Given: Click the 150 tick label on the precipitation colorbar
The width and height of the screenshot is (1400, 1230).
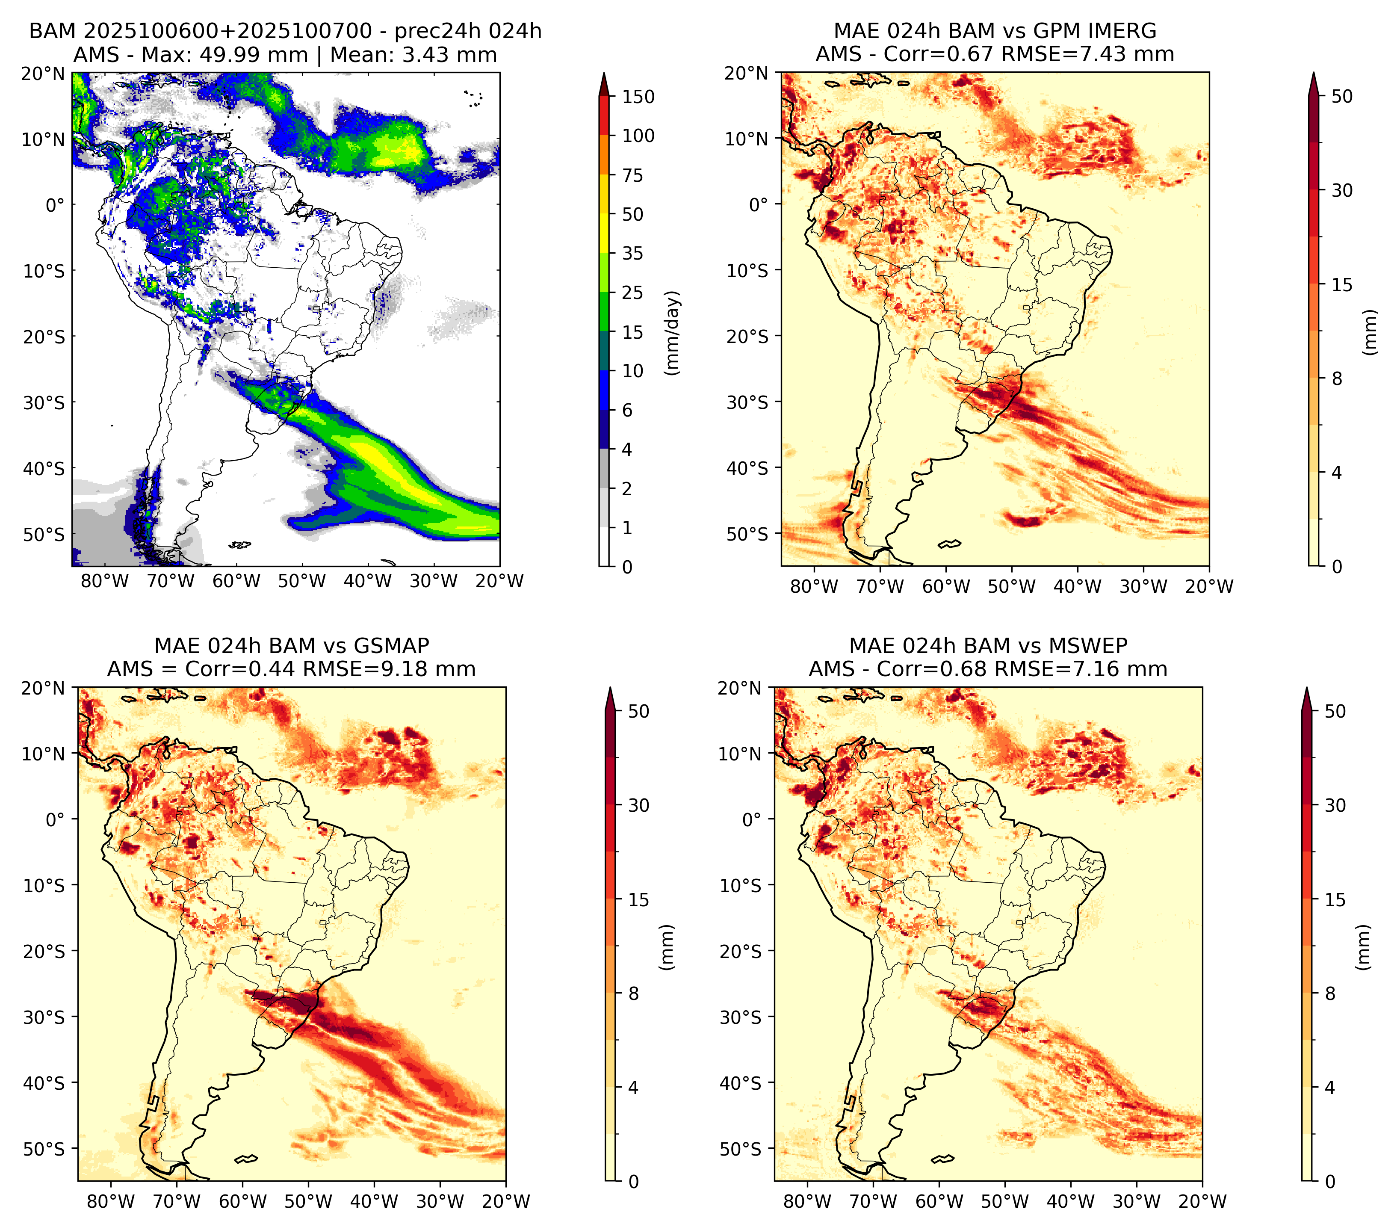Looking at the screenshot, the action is pos(638,97).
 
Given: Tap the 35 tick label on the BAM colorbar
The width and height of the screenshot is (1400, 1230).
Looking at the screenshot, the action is pos(632,253).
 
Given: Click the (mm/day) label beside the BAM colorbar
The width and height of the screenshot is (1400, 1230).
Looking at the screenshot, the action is pos(673,333).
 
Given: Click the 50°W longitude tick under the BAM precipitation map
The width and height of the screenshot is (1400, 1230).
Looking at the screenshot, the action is pos(301,582).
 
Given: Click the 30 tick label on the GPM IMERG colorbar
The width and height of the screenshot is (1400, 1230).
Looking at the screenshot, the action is pos(1342,190).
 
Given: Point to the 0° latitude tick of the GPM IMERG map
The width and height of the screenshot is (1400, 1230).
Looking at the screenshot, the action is pos(759,204).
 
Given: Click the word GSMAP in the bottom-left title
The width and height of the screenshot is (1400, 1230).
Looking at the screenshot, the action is pos(391,646).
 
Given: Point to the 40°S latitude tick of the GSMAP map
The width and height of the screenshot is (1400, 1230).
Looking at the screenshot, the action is pos(44,1083).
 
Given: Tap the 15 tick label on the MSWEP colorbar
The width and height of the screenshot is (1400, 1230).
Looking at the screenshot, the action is pos(1335,900).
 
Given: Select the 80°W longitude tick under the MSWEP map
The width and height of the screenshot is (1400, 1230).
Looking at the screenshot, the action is pos(807,1201).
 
